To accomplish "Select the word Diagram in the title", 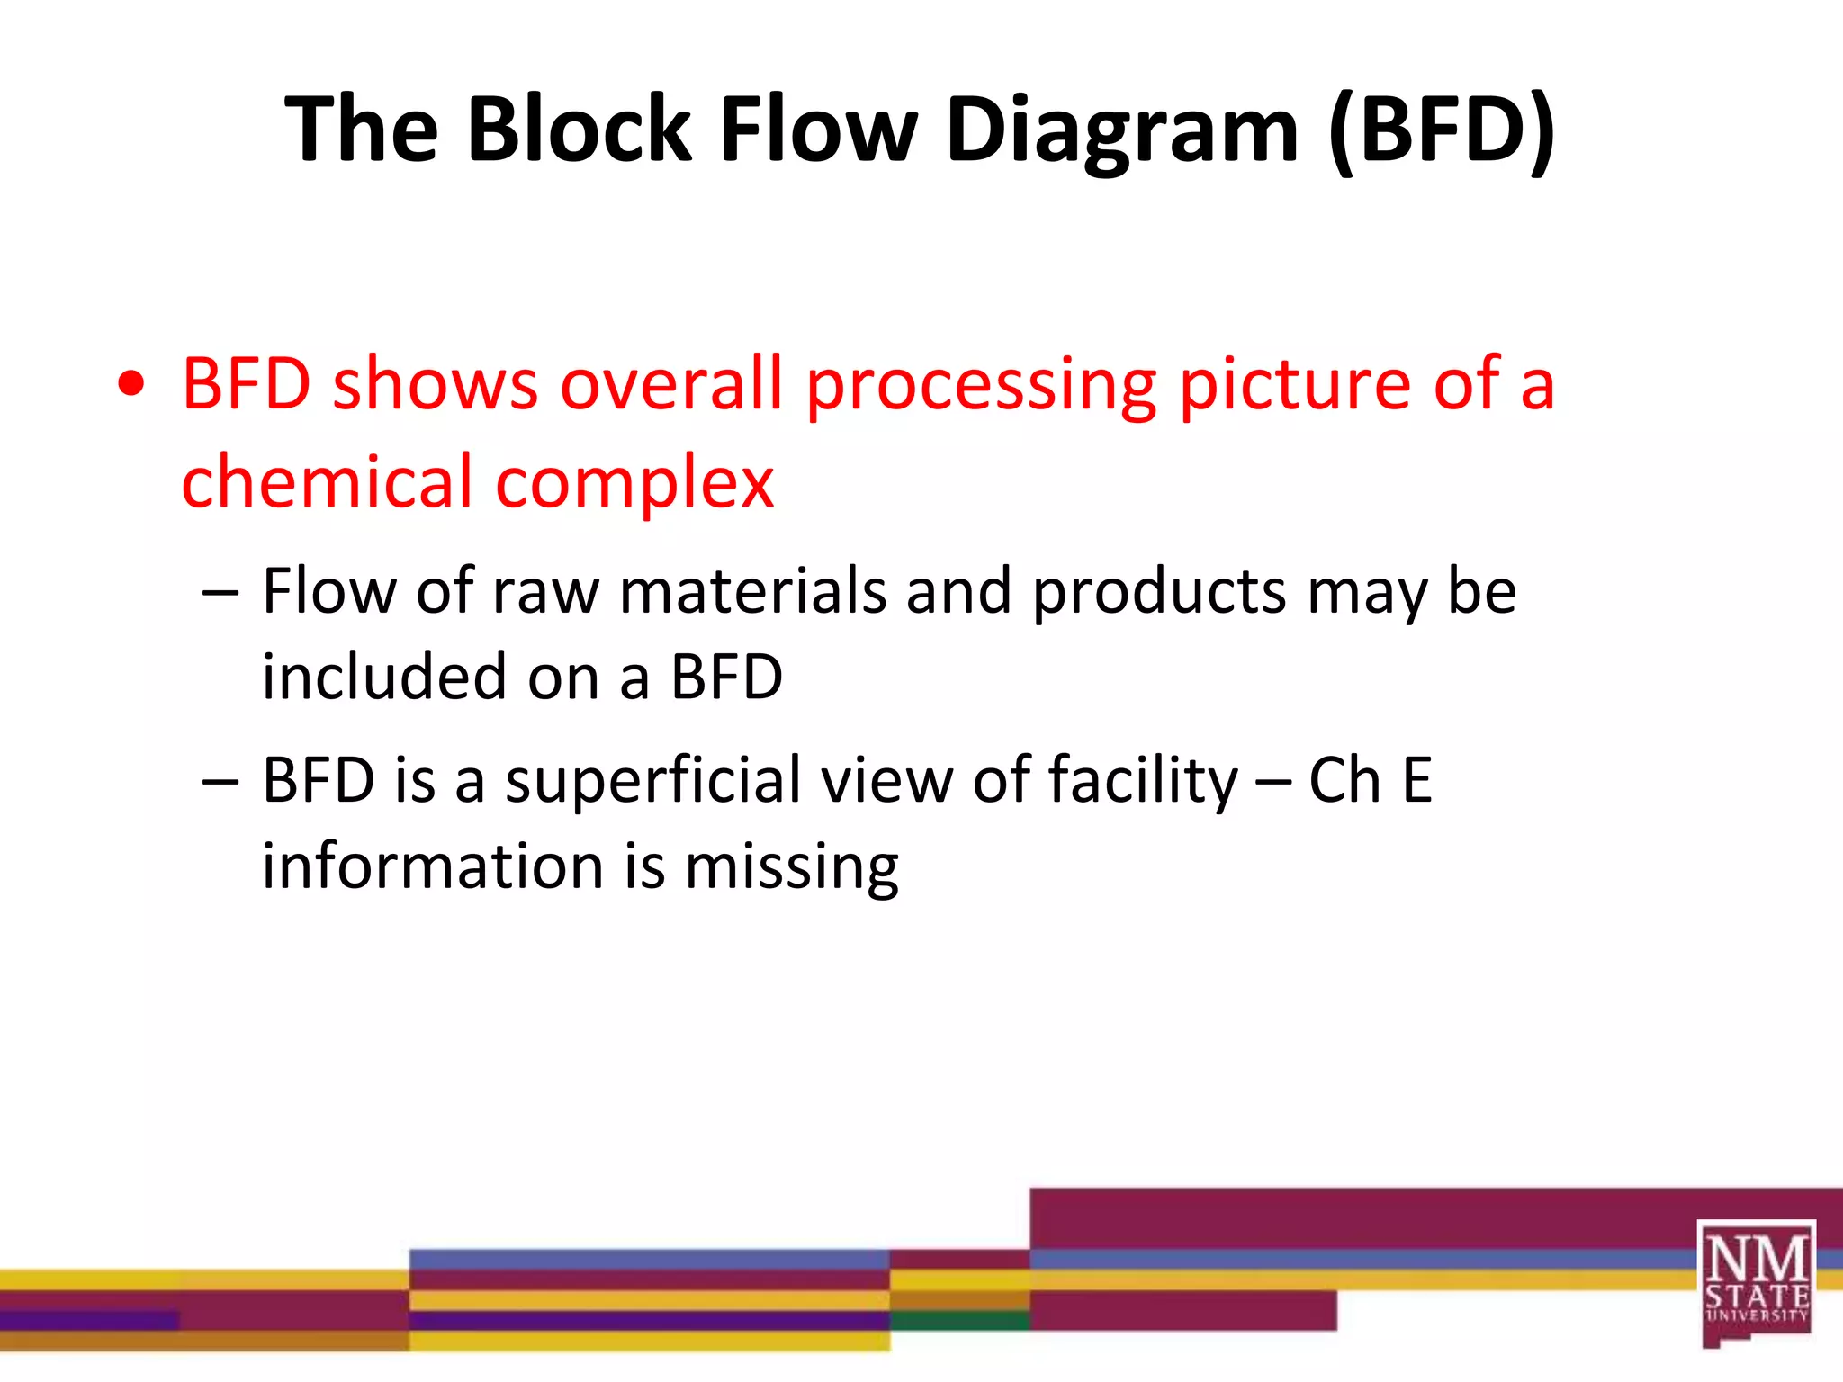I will [1122, 130].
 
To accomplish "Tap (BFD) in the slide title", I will [1442, 130].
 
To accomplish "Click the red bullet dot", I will [131, 384].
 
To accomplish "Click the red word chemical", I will [328, 481].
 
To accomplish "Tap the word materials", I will [753, 591].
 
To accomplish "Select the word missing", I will [791, 869].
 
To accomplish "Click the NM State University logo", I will [1756, 1283].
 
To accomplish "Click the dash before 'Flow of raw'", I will [220, 593].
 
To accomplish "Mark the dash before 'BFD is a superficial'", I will [220, 781].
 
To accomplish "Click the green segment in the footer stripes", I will [959, 1320].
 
